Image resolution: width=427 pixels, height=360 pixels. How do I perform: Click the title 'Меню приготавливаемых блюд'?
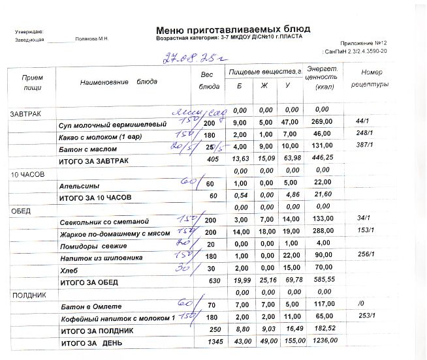click(232, 29)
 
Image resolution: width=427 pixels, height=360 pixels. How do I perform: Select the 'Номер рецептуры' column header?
click(370, 78)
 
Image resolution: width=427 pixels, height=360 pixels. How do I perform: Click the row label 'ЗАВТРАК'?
click(25, 114)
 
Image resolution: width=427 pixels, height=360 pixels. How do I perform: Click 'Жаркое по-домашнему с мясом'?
click(114, 233)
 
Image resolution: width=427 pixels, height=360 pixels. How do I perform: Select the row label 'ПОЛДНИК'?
click(27, 295)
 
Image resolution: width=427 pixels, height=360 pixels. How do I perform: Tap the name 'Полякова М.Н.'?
click(92, 39)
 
